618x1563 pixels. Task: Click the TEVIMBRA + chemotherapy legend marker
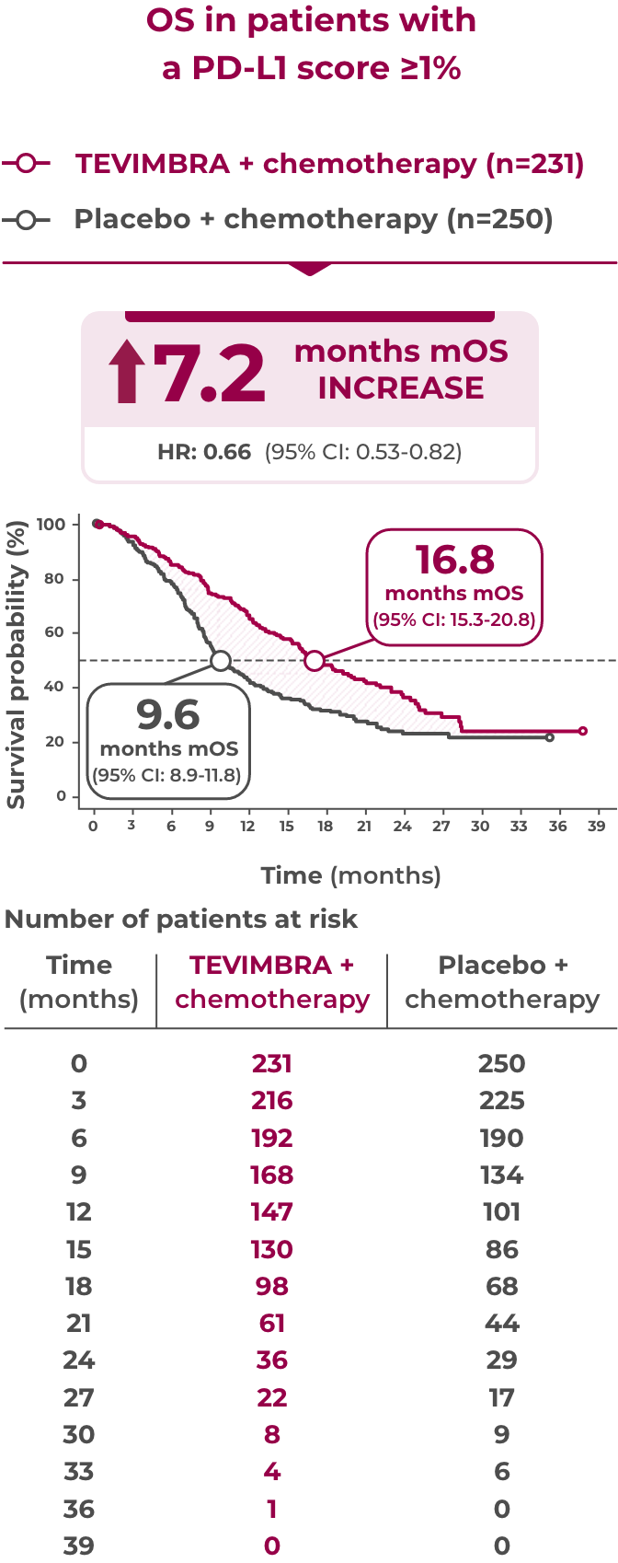tap(26, 164)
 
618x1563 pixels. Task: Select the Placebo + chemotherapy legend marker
tap(26, 220)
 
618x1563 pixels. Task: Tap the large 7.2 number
tap(210, 373)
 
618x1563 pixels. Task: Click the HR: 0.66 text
tap(204, 452)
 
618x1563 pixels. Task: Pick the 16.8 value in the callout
tap(454, 559)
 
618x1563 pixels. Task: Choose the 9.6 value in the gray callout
tap(168, 714)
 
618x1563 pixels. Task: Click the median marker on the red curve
tap(315, 661)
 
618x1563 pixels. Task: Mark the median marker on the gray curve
tap(220, 661)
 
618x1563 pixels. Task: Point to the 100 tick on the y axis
tap(54, 525)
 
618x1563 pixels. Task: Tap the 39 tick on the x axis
tap(596, 826)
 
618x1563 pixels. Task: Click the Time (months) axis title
tap(350, 875)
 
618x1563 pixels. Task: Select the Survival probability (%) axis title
tap(16, 665)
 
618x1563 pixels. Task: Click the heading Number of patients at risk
tap(181, 919)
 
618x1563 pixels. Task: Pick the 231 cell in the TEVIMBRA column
tap(272, 1063)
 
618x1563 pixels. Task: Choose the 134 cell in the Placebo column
tap(501, 1175)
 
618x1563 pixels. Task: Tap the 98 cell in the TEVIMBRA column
tap(272, 1286)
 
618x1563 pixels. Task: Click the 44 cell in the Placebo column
tap(501, 1323)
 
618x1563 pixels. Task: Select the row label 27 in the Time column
tap(79, 1397)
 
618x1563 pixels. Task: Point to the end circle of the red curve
tap(582, 731)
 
